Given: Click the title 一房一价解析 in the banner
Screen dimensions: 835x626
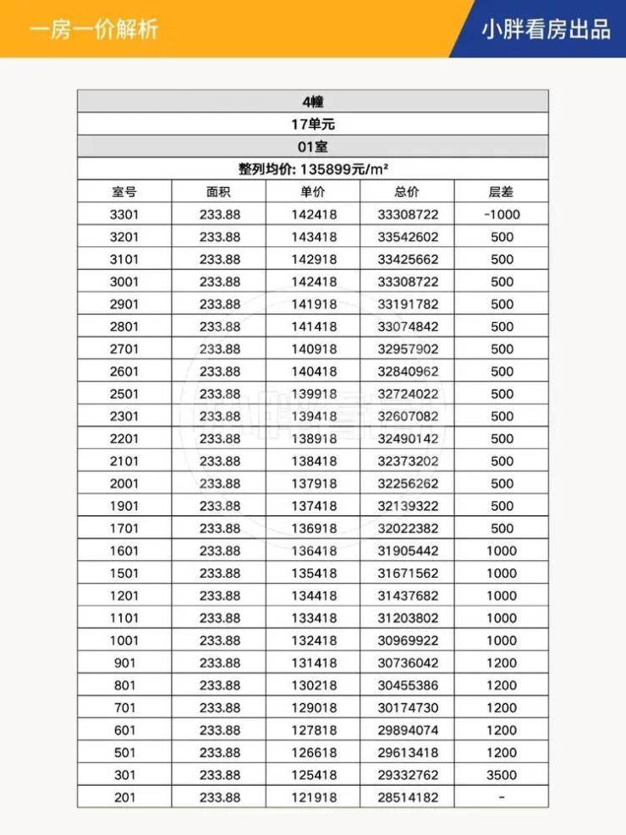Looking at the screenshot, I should [x=93, y=30].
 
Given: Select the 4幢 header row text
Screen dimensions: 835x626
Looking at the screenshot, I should [x=313, y=102].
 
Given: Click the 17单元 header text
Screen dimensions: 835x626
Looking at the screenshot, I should [x=313, y=124].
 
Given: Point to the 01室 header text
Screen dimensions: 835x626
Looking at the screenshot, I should [x=313, y=146].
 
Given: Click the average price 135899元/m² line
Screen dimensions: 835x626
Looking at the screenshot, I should [x=313, y=169].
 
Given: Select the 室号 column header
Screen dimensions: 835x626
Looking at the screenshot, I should [x=124, y=192].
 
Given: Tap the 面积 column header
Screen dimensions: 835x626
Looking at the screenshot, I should [x=218, y=192].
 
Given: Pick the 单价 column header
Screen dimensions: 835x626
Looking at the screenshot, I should [x=313, y=192].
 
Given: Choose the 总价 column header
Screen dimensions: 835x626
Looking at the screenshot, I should [x=408, y=192].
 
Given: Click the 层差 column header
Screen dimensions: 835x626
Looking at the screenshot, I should [x=502, y=192].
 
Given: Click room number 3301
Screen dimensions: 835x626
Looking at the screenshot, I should [x=124, y=215].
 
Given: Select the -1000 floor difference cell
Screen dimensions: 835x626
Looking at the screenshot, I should [x=502, y=215].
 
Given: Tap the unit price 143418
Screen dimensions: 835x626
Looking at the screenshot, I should [x=313, y=237].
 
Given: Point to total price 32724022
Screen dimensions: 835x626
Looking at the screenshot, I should [x=408, y=394].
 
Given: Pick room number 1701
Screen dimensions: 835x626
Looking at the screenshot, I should [x=124, y=529].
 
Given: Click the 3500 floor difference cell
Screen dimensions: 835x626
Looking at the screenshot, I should [x=502, y=775].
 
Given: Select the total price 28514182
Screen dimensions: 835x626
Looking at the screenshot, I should [x=408, y=798].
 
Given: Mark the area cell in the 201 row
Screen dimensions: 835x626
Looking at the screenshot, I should [x=220, y=798].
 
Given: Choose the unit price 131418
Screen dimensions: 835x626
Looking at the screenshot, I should [x=313, y=663].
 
